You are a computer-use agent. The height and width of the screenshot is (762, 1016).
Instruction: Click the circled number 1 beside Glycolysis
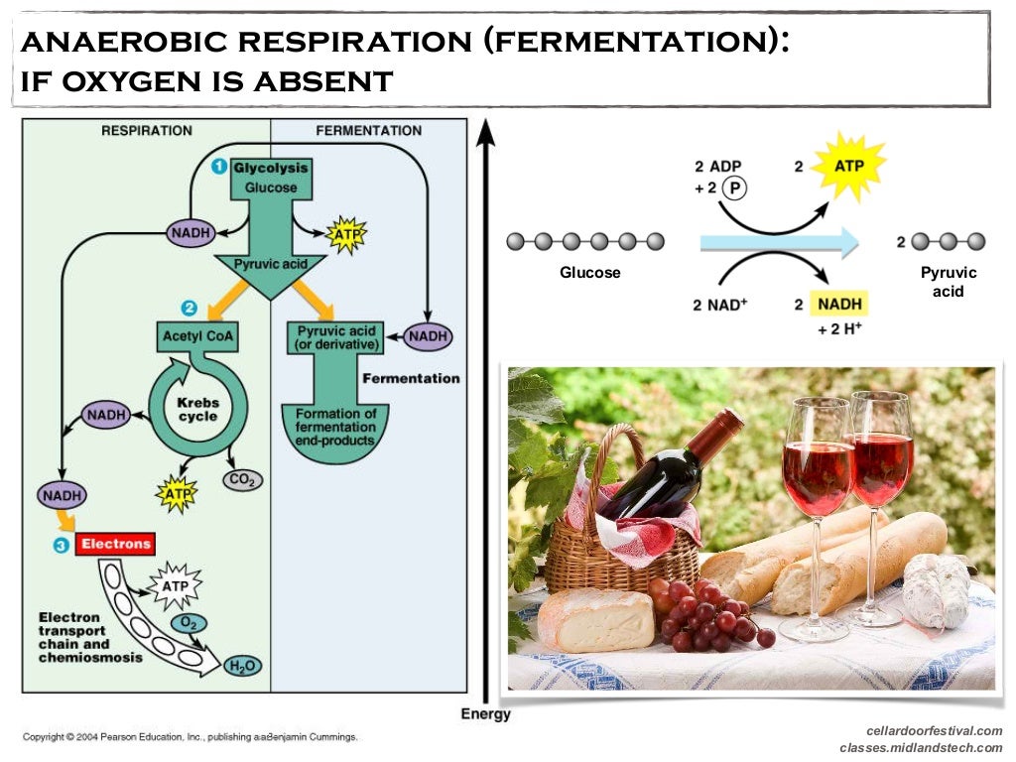pyautogui.click(x=219, y=168)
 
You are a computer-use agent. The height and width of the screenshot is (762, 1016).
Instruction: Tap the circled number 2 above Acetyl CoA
pyautogui.click(x=190, y=309)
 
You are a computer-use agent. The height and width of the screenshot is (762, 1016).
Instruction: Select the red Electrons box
pyautogui.click(x=116, y=544)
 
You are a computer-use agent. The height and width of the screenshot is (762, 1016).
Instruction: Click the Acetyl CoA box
pyautogui.click(x=198, y=337)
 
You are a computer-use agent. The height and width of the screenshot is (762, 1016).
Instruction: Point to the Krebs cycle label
pyautogui.click(x=197, y=410)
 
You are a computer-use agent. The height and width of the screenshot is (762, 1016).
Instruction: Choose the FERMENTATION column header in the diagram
pyautogui.click(x=368, y=131)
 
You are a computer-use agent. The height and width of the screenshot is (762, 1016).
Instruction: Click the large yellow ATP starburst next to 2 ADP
pyautogui.click(x=848, y=166)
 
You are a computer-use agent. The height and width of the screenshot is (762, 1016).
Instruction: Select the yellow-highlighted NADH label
pyautogui.click(x=840, y=304)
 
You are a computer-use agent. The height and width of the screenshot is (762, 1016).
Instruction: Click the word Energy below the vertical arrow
pyautogui.click(x=485, y=714)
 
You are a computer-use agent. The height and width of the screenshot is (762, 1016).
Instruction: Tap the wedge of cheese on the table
pyautogui.click(x=595, y=617)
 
